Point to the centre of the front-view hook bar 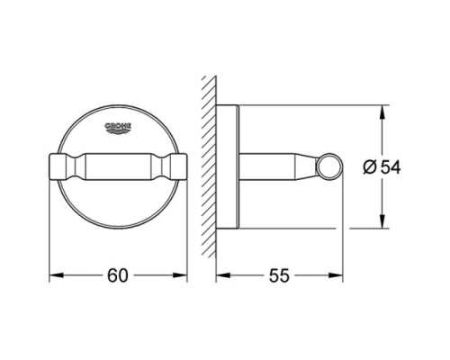pyautogui.click(x=118, y=166)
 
